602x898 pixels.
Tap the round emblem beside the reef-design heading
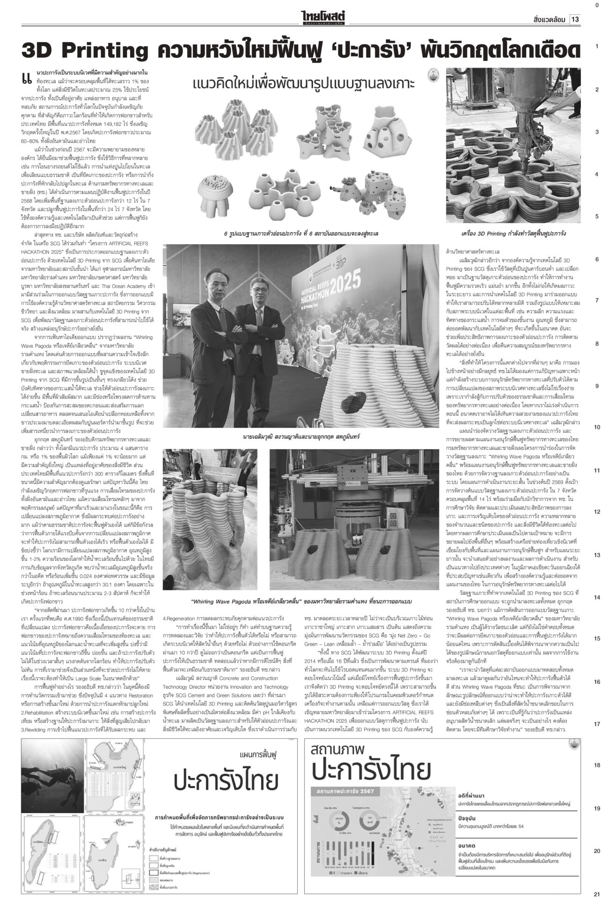pyautogui.click(x=434, y=75)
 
